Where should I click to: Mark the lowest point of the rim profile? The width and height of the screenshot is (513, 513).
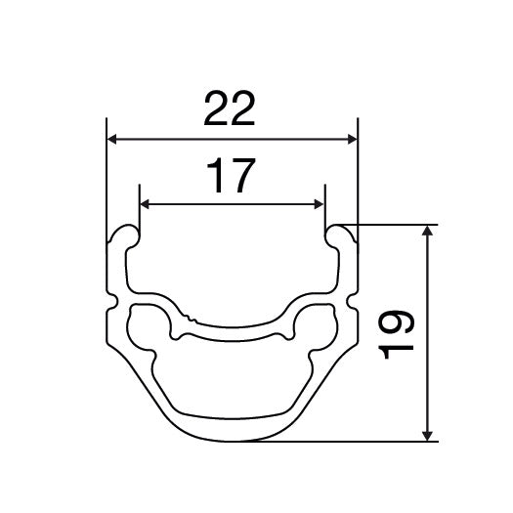click(x=232, y=439)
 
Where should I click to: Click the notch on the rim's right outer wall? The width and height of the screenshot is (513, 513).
click(x=352, y=296)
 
